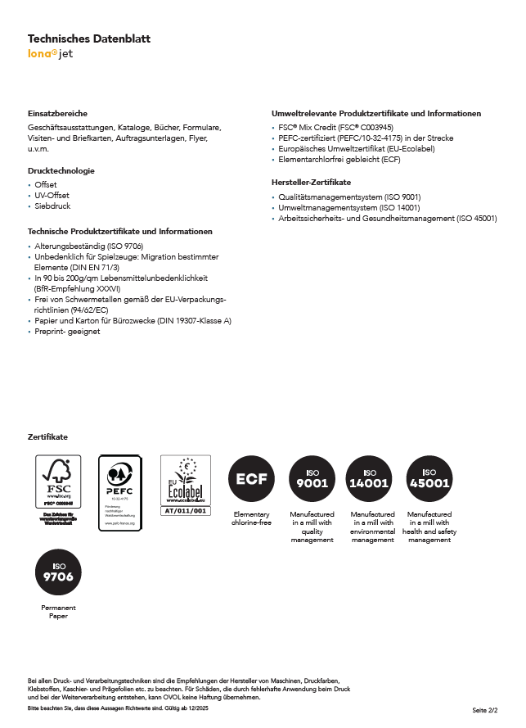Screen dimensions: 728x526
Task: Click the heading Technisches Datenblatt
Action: click(89, 38)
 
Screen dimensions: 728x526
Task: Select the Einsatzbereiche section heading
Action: click(57, 113)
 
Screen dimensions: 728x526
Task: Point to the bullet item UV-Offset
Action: click(52, 195)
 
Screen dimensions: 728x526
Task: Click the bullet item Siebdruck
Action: click(52, 206)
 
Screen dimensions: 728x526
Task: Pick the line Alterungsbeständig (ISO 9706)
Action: click(88, 246)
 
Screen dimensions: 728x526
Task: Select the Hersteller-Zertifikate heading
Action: click(311, 182)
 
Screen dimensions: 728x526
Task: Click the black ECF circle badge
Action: click(251, 479)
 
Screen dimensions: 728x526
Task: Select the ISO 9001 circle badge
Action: click(312, 479)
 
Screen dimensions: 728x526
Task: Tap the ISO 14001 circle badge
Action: click(370, 479)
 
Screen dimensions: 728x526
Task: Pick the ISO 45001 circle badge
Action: click(429, 479)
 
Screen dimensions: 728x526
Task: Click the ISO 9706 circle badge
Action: click(58, 572)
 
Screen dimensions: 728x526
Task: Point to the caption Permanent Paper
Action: click(58, 612)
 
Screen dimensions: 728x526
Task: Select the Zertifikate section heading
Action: click(47, 437)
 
